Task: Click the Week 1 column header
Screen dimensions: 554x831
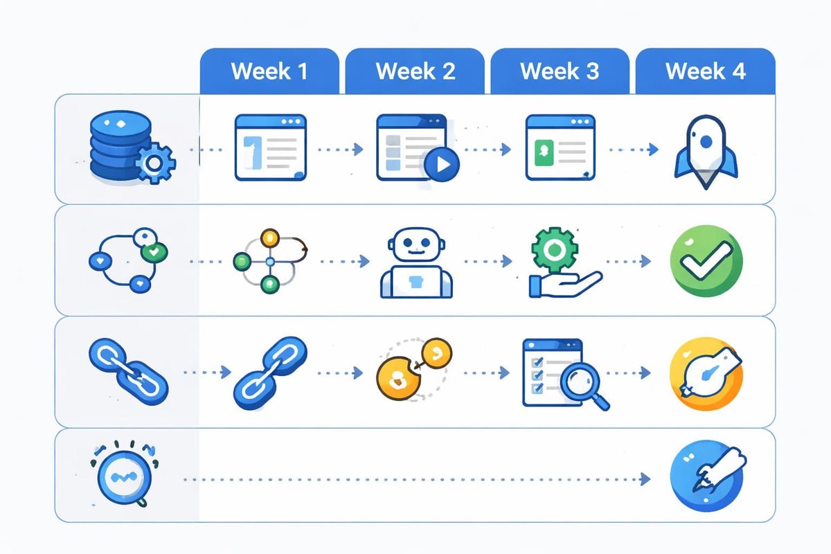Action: pos(269,71)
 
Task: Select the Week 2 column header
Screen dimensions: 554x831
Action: pos(415,71)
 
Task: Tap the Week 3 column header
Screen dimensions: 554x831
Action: pos(560,71)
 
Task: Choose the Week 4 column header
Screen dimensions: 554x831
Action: pos(705,71)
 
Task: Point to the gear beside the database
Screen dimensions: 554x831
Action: pos(154,163)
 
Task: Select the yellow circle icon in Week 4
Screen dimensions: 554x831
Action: pos(706,373)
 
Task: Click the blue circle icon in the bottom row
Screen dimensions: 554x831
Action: pos(706,478)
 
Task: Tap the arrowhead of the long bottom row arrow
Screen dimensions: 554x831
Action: pos(645,479)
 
